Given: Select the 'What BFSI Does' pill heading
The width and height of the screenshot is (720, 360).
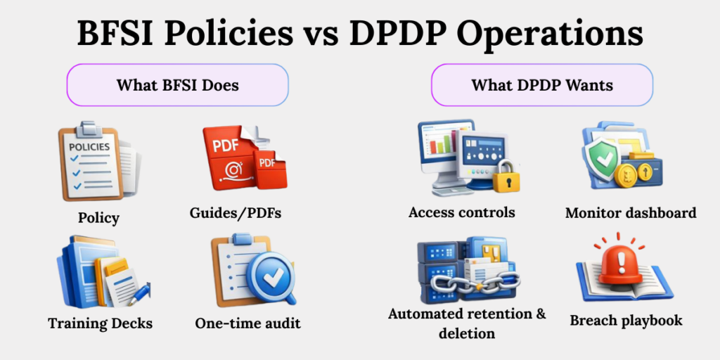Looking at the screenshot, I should [x=177, y=86].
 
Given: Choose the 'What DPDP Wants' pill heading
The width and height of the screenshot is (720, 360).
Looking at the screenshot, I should [x=542, y=86].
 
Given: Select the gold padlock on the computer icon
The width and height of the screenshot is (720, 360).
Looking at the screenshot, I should [x=506, y=178].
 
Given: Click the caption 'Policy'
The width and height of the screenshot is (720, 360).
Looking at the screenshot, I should [x=98, y=217].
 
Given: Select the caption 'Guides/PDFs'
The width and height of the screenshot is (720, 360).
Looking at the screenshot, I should [x=236, y=212].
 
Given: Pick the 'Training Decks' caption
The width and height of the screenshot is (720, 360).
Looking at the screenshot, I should [x=100, y=324].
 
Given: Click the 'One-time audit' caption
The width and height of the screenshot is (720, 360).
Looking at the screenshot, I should [x=247, y=323].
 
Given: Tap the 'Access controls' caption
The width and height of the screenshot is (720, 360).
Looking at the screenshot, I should [x=462, y=212].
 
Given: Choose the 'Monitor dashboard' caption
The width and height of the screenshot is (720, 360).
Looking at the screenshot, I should [x=631, y=212].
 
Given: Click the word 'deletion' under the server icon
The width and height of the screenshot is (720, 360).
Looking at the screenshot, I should [x=467, y=333].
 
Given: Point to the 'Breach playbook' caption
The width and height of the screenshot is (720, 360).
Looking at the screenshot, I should [x=626, y=321].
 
